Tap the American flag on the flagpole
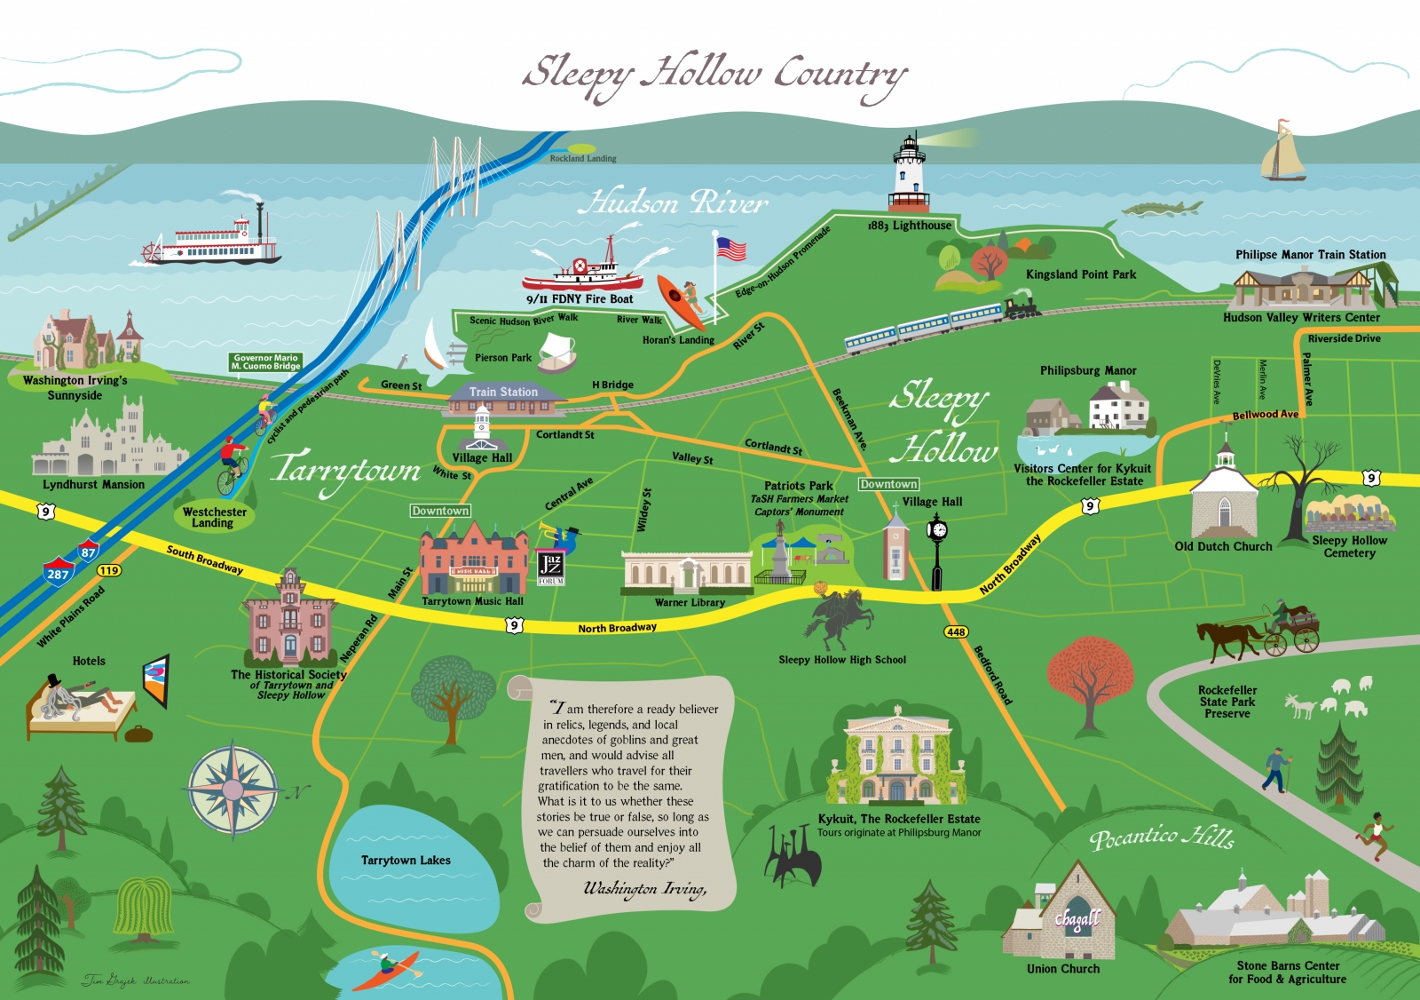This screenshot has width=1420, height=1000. click(x=731, y=249)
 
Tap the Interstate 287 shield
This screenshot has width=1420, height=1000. click(x=59, y=573)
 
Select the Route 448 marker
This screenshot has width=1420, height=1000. click(x=956, y=632)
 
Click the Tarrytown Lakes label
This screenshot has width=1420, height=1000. click(x=406, y=861)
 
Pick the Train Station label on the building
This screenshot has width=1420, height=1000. click(x=503, y=392)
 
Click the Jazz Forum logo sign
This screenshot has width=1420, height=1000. click(x=550, y=567)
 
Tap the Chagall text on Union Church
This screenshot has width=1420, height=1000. click(x=1077, y=919)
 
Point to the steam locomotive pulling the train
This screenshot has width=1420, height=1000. click(x=1021, y=308)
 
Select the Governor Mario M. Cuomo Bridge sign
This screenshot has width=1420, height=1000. click(x=265, y=362)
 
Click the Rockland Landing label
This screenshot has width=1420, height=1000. click(x=582, y=159)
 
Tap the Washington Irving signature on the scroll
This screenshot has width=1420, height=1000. click(x=644, y=889)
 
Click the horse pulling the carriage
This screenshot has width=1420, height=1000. click(x=1228, y=638)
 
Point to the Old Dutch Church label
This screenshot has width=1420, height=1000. click(x=1223, y=547)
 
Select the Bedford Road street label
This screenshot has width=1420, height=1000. click(x=992, y=675)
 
